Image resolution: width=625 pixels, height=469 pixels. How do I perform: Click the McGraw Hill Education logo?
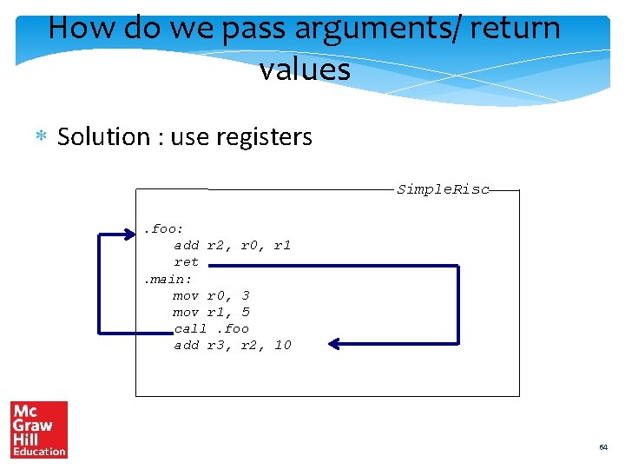[39, 429]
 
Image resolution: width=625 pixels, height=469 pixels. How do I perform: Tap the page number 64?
[603, 447]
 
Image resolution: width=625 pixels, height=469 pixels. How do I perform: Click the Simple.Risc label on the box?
[443, 189]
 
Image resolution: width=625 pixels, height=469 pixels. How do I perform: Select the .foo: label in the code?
[163, 229]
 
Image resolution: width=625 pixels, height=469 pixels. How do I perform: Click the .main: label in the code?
[168, 279]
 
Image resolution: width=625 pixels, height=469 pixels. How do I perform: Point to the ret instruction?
[186, 262]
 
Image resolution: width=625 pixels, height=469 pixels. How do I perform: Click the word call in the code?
[190, 328]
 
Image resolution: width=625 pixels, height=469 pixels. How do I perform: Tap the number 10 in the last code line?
[282, 345]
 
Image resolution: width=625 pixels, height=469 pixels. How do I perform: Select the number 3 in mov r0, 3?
[246, 295]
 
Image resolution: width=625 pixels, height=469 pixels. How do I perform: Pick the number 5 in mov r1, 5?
[246, 312]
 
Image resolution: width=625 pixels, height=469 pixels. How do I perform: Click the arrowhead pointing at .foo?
[135, 233]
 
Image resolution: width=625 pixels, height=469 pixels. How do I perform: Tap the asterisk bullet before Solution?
[40, 137]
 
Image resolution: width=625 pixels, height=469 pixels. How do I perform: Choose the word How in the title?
[81, 28]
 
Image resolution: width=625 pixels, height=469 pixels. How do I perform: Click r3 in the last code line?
[215, 345]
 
